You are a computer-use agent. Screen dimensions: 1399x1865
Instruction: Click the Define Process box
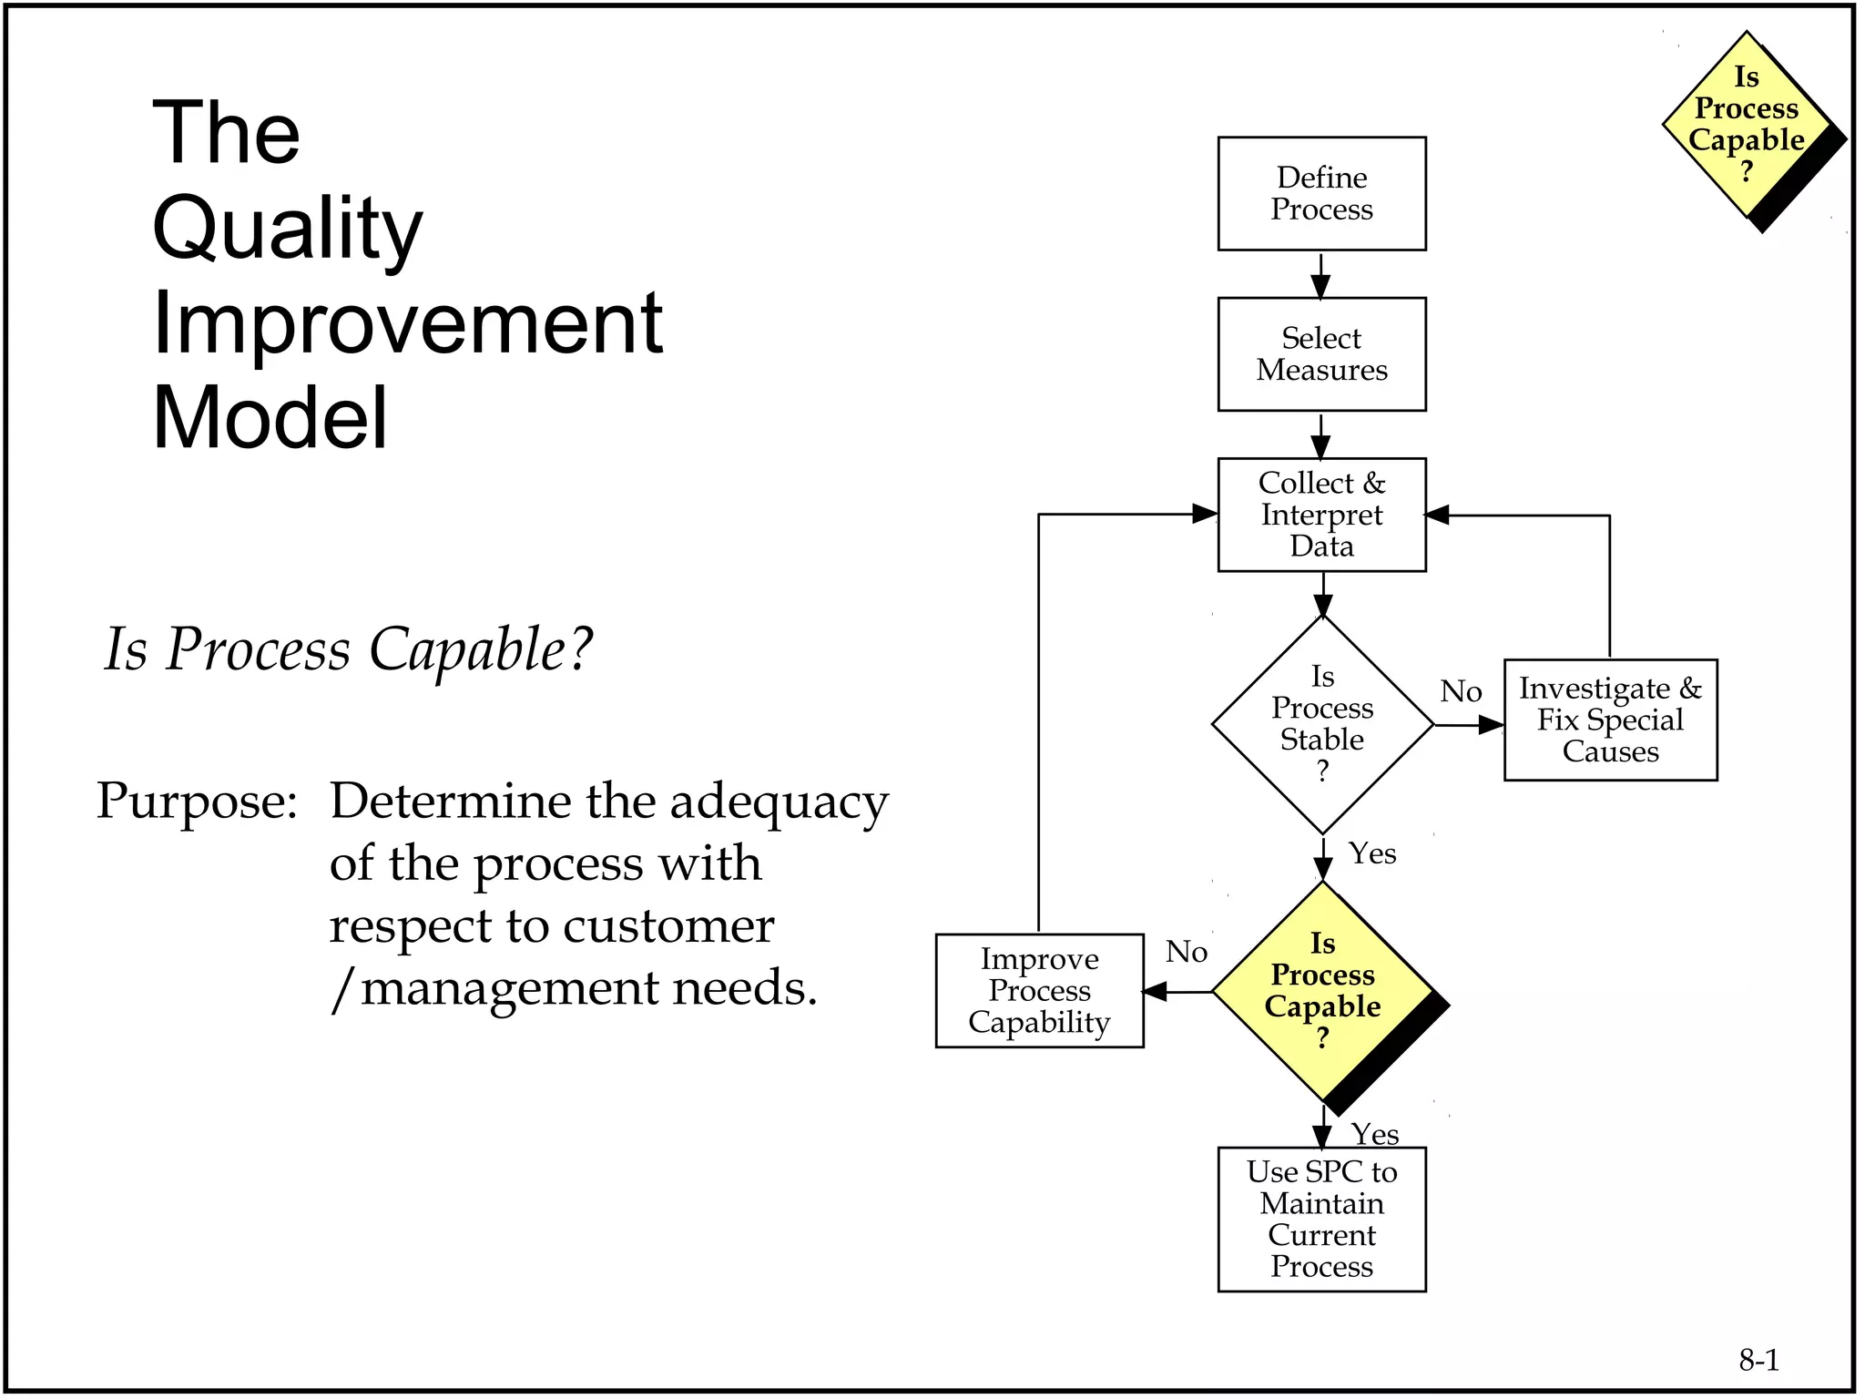1321,194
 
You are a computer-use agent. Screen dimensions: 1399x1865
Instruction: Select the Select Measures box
1321,354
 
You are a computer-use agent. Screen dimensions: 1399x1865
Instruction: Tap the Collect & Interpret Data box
1321,515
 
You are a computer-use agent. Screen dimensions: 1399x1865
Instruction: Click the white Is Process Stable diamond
1322,725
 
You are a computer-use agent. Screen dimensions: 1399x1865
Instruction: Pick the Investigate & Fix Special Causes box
1610,720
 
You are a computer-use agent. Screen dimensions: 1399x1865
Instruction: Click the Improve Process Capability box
1039,991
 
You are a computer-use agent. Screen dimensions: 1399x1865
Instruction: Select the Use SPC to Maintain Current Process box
1321,1219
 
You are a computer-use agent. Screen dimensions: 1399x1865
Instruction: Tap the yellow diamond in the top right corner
1746,126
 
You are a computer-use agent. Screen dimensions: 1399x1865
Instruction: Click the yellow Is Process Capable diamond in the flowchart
1322,991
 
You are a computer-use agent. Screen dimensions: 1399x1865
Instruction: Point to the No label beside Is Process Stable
1461,691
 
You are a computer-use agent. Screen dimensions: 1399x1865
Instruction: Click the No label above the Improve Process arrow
1187,952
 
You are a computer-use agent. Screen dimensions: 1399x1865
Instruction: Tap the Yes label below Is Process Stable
1372,853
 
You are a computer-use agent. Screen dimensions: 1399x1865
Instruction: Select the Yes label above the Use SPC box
1375,1134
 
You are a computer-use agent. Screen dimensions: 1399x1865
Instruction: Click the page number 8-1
1758,1360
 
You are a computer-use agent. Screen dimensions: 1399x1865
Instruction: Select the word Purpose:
197,802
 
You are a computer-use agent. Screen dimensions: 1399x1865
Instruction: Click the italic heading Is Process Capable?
348,649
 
